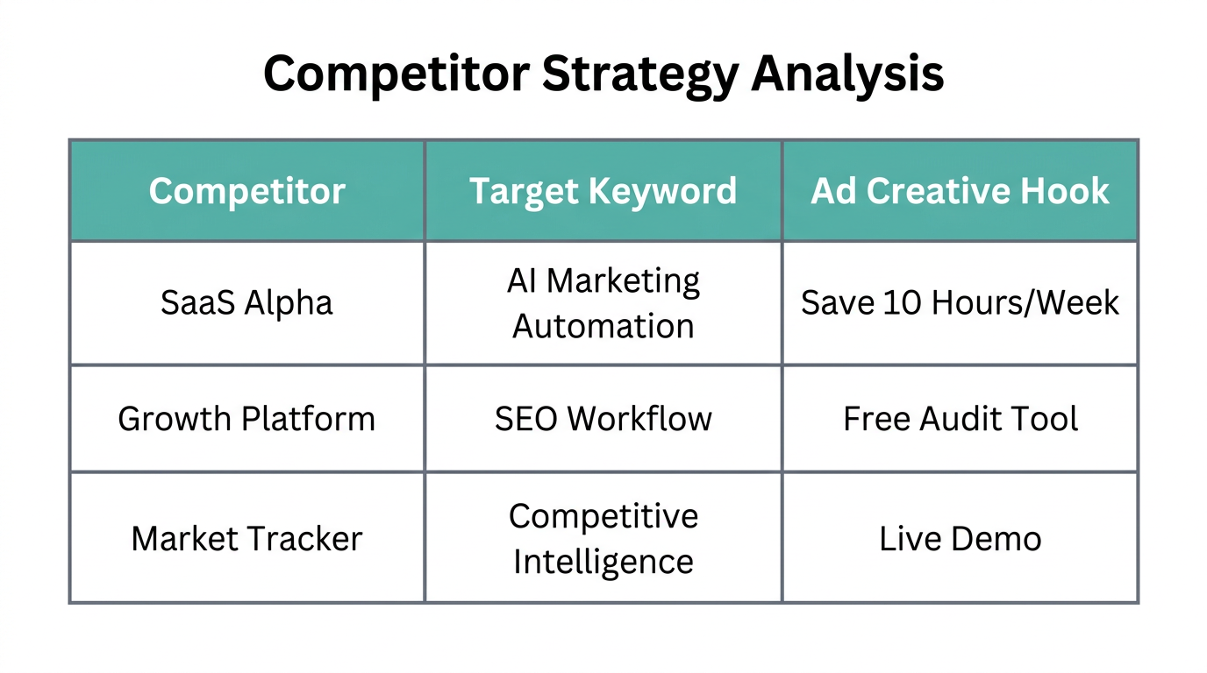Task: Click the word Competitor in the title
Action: point(396,74)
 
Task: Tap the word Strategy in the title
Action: point(639,75)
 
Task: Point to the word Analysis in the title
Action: point(847,74)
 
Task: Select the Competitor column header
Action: point(246,191)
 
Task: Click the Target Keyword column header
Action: point(603,191)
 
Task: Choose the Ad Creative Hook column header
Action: point(960,191)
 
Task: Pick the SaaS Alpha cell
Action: point(246,303)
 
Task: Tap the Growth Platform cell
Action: point(246,419)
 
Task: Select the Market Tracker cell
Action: point(246,538)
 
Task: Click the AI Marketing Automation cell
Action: point(603,303)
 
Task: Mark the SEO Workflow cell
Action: point(603,419)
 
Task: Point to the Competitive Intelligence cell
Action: point(603,538)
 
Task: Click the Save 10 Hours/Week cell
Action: point(960,303)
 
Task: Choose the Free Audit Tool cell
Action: point(960,419)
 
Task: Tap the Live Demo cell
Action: point(960,538)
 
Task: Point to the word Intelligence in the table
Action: point(603,561)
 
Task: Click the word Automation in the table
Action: point(603,326)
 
